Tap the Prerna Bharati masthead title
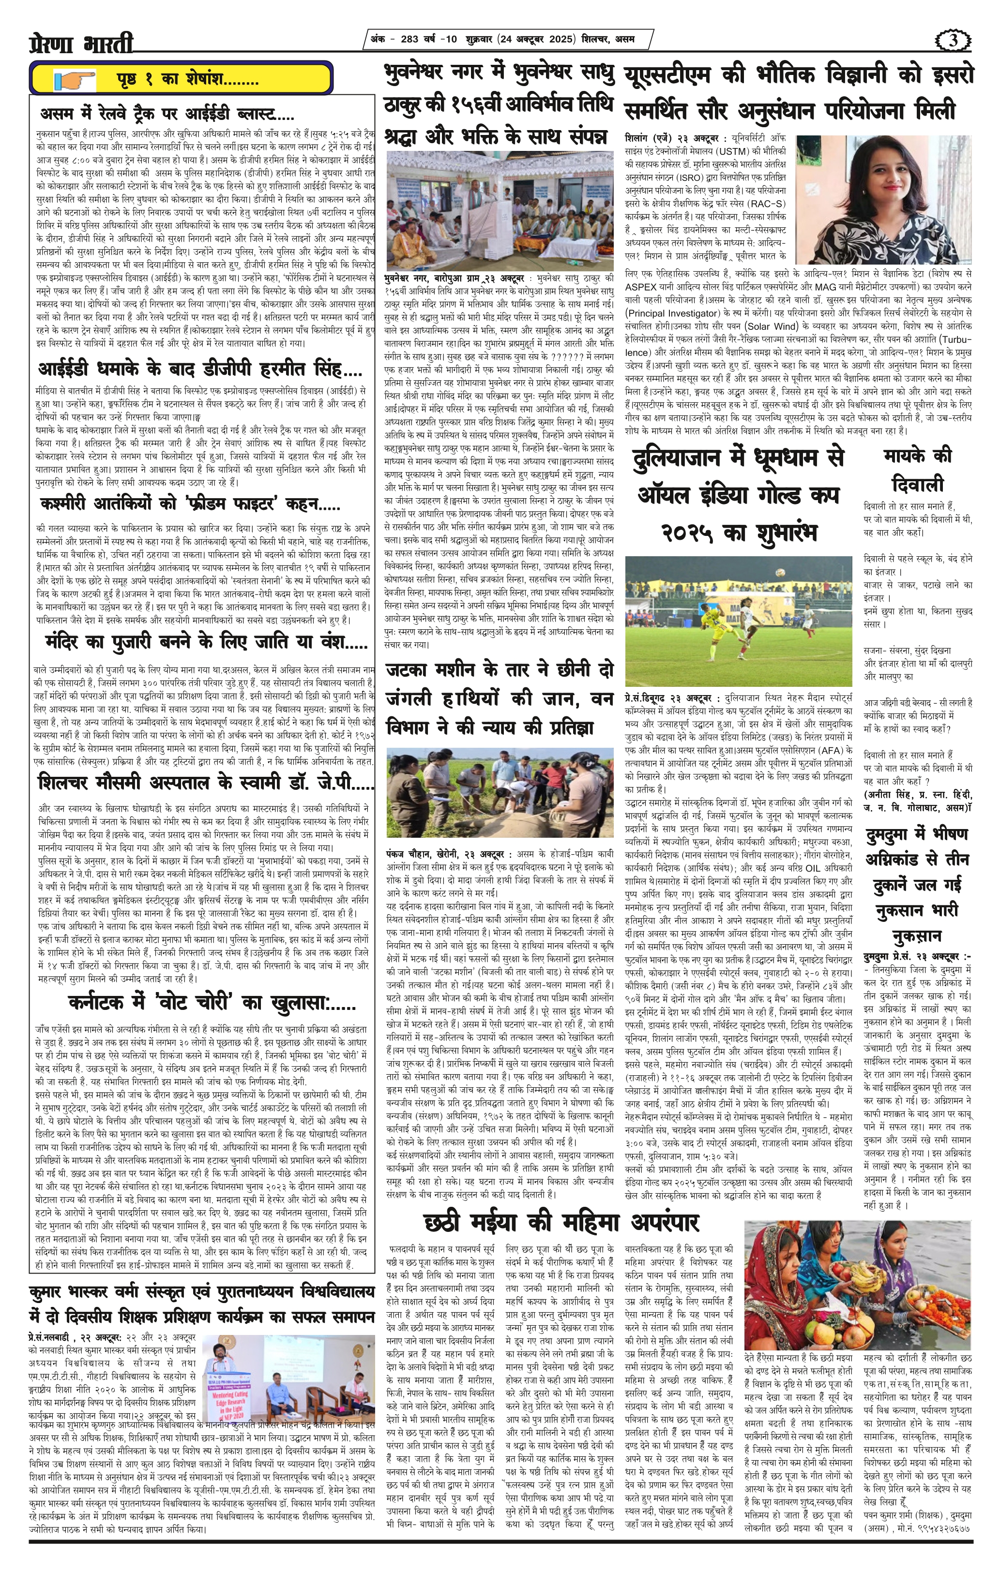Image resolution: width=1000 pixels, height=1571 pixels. pyautogui.click(x=82, y=43)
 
